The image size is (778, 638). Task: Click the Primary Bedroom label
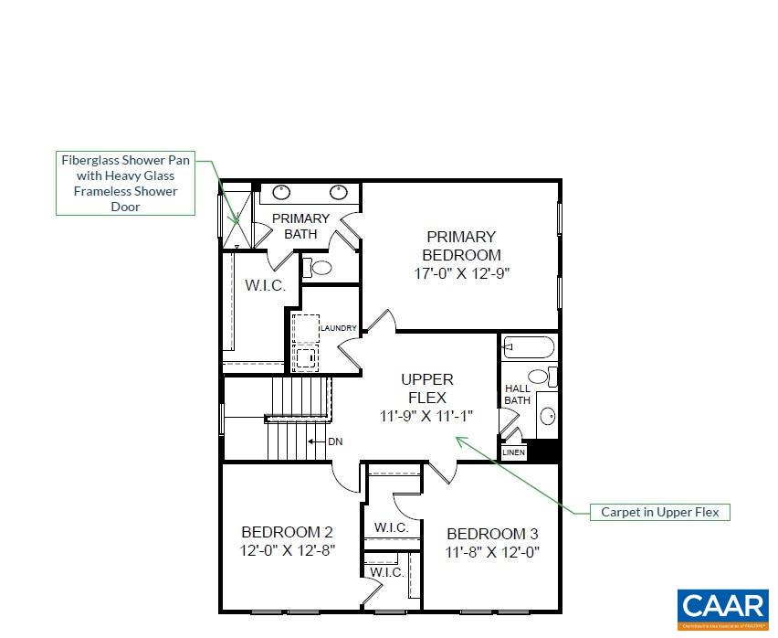(461, 246)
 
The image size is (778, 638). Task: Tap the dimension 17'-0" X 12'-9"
(461, 272)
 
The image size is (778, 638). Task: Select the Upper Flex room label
(426, 388)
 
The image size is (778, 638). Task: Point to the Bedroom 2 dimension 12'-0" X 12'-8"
(287, 550)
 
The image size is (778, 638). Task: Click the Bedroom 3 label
(492, 534)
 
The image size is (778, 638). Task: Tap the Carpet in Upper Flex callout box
(659, 512)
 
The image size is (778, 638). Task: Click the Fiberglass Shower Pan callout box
(125, 183)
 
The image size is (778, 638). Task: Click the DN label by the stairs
(335, 441)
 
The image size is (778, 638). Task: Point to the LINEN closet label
(514, 452)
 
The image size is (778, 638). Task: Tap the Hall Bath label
(517, 395)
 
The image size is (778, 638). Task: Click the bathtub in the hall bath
(529, 347)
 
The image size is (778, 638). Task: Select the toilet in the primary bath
(318, 268)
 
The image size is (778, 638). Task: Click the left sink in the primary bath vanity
(282, 192)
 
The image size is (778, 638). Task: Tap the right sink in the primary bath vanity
(339, 192)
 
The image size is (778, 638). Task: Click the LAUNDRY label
(338, 328)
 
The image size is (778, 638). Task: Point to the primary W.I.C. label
(265, 285)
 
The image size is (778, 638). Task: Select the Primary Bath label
(300, 226)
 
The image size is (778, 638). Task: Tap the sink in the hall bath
(548, 417)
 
